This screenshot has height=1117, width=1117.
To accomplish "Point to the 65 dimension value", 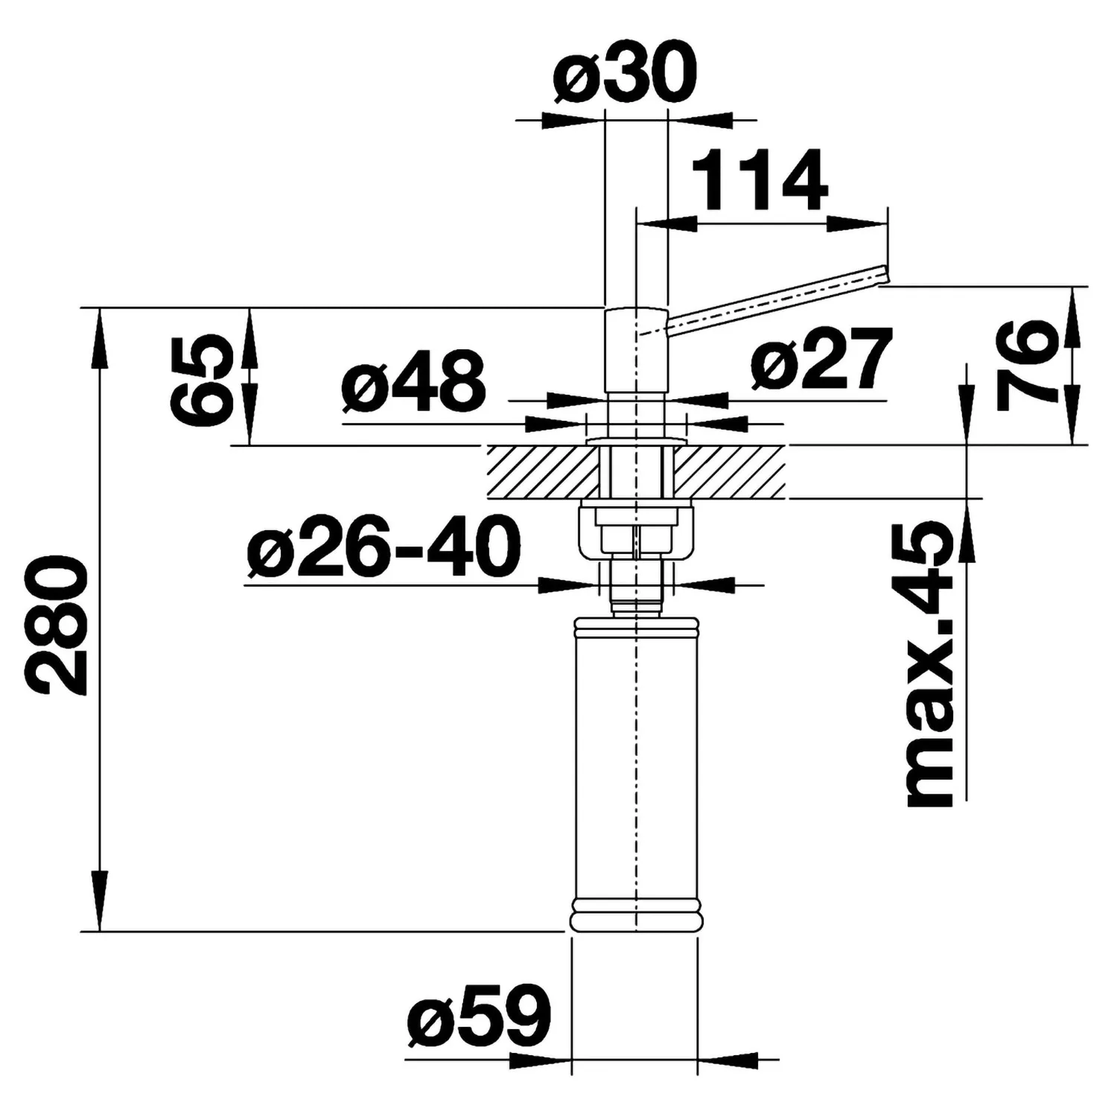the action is pos(198,379).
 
